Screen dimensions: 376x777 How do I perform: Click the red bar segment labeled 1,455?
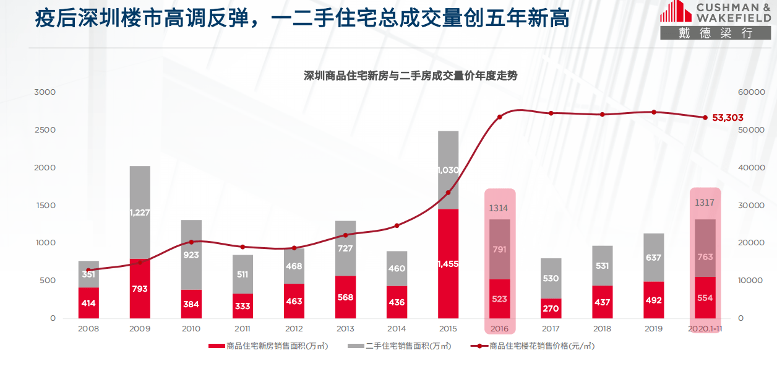tap(448, 263)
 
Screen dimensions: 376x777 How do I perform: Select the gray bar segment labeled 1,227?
tap(140, 212)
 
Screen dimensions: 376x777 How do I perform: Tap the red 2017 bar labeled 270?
tap(551, 308)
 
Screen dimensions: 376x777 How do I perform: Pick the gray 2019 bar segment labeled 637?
tap(653, 258)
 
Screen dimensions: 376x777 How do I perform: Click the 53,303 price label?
tap(728, 117)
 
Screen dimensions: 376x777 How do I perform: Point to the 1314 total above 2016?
tap(499, 208)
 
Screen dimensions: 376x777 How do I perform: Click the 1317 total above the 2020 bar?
tap(705, 203)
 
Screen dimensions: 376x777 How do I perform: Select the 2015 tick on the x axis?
tap(448, 329)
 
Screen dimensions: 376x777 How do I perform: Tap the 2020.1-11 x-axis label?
tap(705, 329)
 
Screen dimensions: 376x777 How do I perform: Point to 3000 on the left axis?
tap(45, 92)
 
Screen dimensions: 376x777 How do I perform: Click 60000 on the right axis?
tap(752, 92)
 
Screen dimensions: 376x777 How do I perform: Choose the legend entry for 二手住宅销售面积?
tap(399, 346)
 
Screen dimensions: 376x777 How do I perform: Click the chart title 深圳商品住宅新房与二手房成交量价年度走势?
tap(410, 76)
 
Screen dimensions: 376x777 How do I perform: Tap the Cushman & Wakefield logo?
tap(715, 20)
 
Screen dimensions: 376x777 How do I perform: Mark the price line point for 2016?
tap(499, 116)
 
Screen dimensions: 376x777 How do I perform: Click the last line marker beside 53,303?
tap(705, 117)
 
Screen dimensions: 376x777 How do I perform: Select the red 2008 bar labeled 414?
tap(88, 302)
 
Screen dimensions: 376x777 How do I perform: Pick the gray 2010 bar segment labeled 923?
tap(191, 255)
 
